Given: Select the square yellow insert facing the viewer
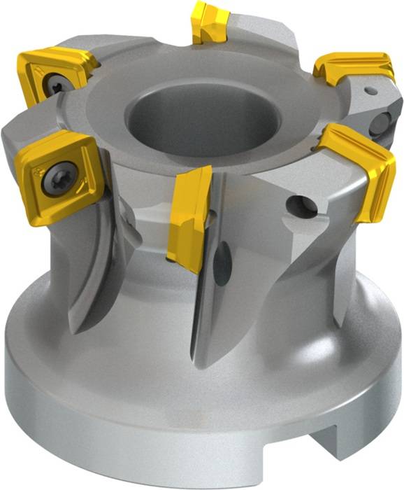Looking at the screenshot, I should [x=59, y=171].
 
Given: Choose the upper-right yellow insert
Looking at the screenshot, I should [x=354, y=67].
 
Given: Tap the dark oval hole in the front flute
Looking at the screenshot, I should [x=223, y=262].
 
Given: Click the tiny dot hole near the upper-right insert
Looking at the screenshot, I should [x=372, y=90].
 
